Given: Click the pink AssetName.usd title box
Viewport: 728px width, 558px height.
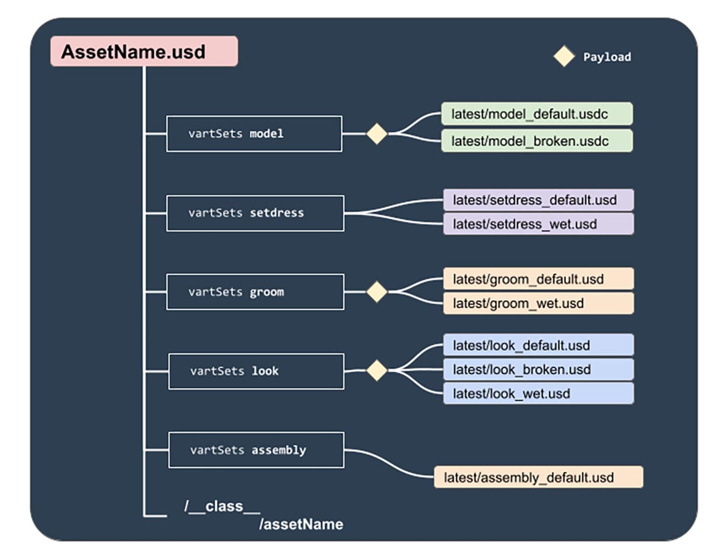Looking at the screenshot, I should click(x=144, y=52).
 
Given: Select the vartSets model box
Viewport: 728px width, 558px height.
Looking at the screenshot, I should click(x=254, y=133).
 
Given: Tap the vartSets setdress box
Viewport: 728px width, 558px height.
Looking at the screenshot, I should click(x=255, y=213).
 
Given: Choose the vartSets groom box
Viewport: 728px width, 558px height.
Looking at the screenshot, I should click(x=255, y=292).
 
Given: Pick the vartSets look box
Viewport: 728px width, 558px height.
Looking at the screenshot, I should click(x=256, y=371).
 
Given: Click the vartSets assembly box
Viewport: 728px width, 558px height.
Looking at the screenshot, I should click(x=256, y=450).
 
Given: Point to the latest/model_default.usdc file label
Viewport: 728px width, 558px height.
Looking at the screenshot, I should click(x=537, y=114).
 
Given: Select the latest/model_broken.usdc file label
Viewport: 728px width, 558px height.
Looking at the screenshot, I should click(x=537, y=141).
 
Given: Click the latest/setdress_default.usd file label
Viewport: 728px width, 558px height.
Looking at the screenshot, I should click(x=538, y=200).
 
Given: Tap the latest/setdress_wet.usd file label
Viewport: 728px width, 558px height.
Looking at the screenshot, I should click(x=538, y=224).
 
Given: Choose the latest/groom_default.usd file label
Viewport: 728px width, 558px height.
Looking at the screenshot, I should click(x=538, y=279).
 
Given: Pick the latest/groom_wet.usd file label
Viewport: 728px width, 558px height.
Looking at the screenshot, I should click(x=538, y=303).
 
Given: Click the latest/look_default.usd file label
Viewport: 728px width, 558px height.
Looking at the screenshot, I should click(x=538, y=346).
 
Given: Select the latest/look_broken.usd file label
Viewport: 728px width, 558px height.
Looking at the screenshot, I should click(x=538, y=369).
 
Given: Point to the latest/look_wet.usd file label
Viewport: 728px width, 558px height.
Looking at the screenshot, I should click(x=538, y=393).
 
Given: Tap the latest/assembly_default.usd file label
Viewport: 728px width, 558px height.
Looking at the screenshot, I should click(x=538, y=477).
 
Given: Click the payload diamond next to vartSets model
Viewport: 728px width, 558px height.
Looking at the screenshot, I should click(x=377, y=133).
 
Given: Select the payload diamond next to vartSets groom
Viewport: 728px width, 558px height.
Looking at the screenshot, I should click(x=377, y=292).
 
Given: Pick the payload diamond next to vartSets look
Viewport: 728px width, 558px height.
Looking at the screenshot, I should click(x=377, y=371).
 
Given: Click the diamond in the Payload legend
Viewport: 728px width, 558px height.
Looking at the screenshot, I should click(x=564, y=56).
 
